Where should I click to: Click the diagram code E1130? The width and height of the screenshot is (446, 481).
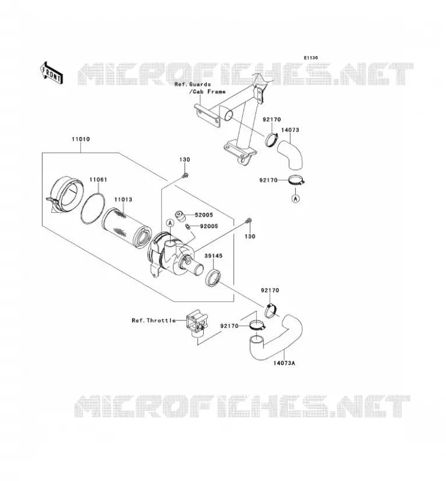[x=311, y=58]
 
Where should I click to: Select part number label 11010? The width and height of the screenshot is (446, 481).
[x=81, y=139]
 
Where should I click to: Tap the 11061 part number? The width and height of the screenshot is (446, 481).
[x=98, y=179]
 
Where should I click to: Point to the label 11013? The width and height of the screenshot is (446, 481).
[x=123, y=200]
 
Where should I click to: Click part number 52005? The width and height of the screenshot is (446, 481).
[x=204, y=215]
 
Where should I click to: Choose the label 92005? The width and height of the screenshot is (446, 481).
[x=209, y=226]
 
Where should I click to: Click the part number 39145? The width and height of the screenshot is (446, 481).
[x=213, y=256]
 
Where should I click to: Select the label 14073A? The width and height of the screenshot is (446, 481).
[x=284, y=363]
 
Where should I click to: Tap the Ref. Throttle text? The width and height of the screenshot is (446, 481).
[x=154, y=320]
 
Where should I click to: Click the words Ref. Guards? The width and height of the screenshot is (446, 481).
[x=192, y=84]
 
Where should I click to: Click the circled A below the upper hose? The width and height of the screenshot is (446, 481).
[x=295, y=199]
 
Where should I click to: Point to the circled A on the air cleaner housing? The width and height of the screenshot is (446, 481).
[x=170, y=223]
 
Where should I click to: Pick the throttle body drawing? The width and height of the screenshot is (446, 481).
[x=197, y=324]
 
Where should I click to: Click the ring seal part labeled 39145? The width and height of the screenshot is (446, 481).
[x=213, y=278]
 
